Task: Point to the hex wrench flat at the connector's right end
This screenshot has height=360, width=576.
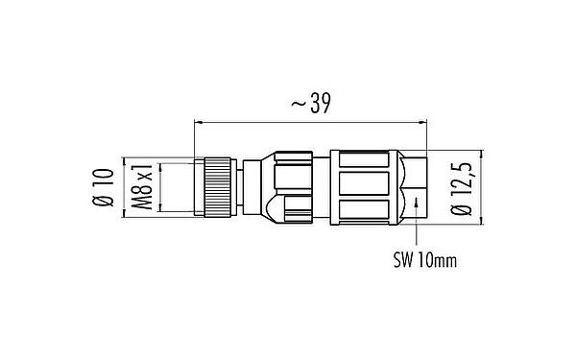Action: pos(408,185)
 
